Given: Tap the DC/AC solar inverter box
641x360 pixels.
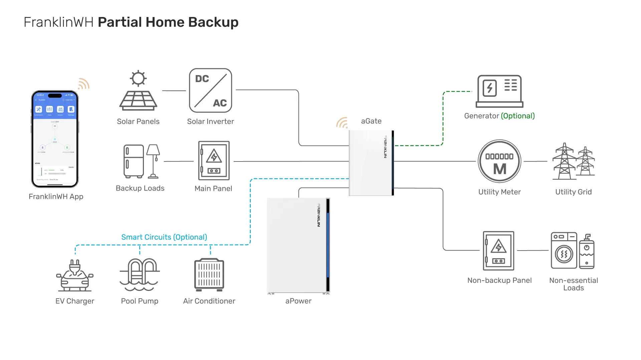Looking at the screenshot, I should (210, 90).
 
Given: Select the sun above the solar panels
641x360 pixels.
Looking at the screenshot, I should (138, 78).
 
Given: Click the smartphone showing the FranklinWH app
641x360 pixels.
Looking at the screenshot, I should (55, 139).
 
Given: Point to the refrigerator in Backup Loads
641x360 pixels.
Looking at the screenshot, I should (134, 161).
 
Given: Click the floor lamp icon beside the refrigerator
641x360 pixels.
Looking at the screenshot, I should (153, 161).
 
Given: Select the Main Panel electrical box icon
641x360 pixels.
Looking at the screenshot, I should (214, 161).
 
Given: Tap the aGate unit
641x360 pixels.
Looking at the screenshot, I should (371, 163).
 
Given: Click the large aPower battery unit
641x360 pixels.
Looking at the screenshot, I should (298, 245).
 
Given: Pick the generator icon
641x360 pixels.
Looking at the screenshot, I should (499, 91).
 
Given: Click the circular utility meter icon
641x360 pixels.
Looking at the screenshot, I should (499, 161).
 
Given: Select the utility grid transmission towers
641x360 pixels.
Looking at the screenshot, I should (574, 161).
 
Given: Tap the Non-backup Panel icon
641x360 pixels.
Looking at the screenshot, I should (498, 251).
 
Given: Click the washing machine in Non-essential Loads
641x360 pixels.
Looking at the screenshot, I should (564, 251).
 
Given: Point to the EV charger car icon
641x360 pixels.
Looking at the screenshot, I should (75, 276).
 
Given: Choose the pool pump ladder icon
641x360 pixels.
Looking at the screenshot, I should (140, 274).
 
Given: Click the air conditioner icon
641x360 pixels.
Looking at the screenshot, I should (209, 274).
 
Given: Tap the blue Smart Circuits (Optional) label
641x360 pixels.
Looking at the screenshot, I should (164, 237).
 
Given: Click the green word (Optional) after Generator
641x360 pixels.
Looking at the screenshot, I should (518, 116).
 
